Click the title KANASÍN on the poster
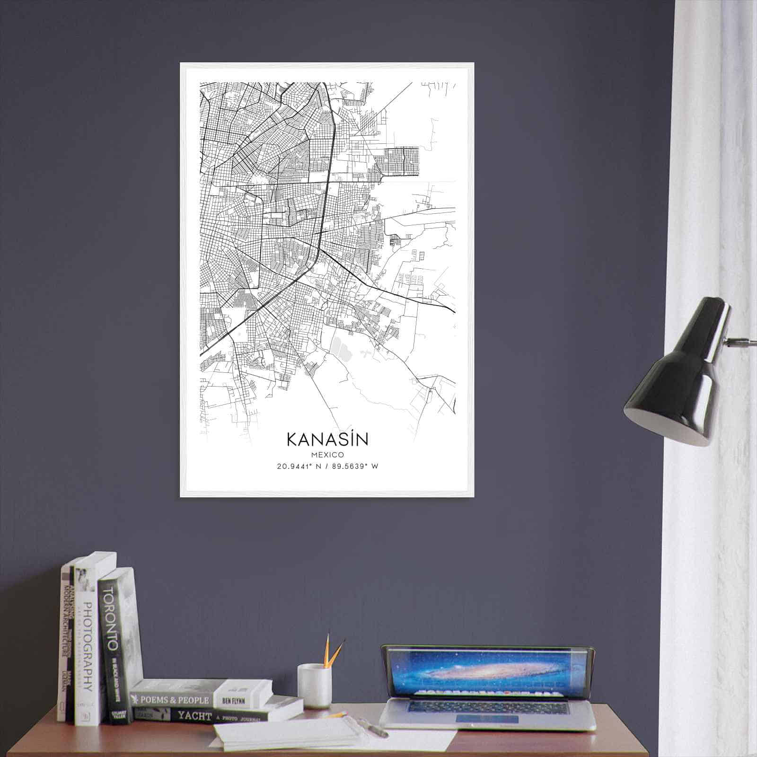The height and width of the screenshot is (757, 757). pos(327,439)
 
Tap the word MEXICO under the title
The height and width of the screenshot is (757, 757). pos(327,454)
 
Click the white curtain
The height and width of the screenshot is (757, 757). pos(710,189)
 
